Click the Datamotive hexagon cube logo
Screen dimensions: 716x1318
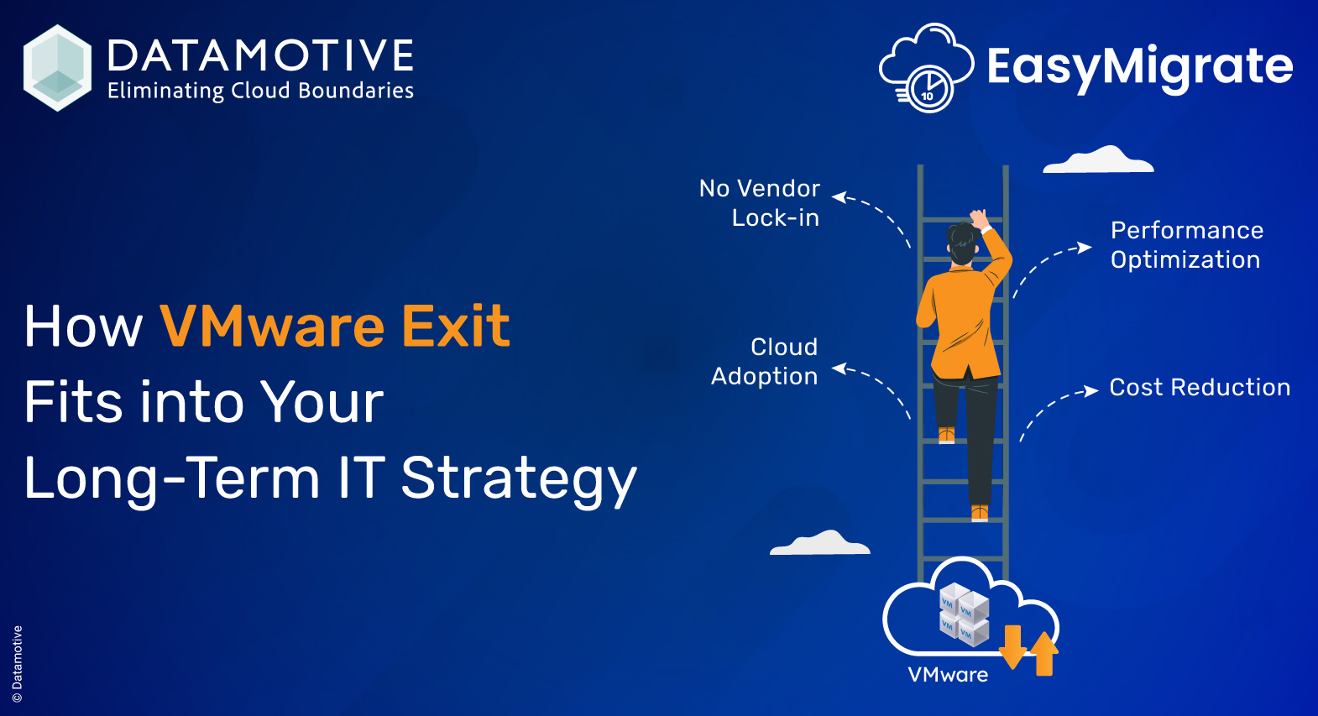point(57,68)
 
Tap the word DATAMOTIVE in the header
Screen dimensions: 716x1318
point(260,56)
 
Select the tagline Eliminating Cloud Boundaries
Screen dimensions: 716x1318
point(260,91)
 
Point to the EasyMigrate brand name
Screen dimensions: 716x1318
point(1139,66)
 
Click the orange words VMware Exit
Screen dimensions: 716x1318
point(334,326)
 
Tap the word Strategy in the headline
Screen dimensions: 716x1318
point(518,478)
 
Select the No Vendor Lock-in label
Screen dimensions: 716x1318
point(760,202)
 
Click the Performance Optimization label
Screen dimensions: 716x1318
point(1186,245)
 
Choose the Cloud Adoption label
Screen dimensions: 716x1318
point(765,362)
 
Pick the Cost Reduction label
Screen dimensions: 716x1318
point(1200,387)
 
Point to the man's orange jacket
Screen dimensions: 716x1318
point(961,319)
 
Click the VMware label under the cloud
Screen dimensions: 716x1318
point(948,675)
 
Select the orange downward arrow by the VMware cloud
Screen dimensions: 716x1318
point(1012,647)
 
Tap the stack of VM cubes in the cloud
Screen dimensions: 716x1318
point(963,614)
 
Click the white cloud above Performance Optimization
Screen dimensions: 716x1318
point(1098,160)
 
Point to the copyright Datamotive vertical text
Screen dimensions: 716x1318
point(18,663)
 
